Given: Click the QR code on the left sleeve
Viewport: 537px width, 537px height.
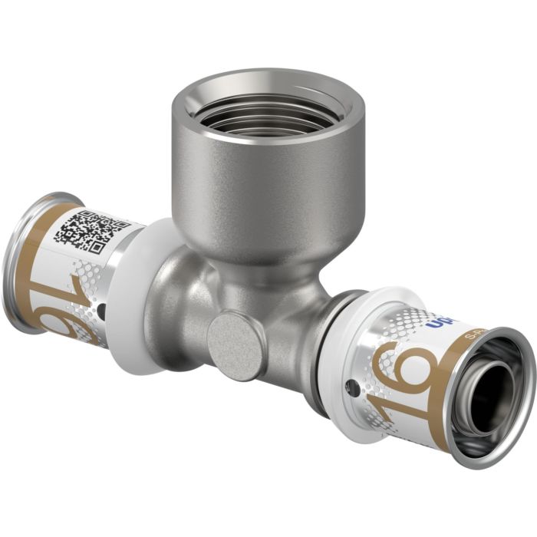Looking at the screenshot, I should coord(90,231).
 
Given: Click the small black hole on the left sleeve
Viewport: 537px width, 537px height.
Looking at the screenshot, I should coord(103,310).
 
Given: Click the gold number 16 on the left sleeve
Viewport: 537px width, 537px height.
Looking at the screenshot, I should coord(73,299).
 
